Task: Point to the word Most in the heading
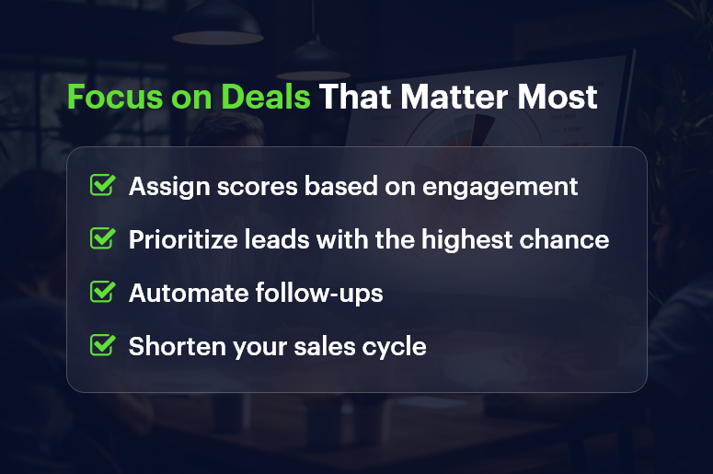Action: (x=560, y=97)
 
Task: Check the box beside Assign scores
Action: (x=102, y=185)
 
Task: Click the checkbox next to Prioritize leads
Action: (x=102, y=238)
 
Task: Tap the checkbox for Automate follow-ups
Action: (x=102, y=292)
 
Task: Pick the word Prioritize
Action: (x=178, y=240)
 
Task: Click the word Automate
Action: (x=179, y=294)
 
